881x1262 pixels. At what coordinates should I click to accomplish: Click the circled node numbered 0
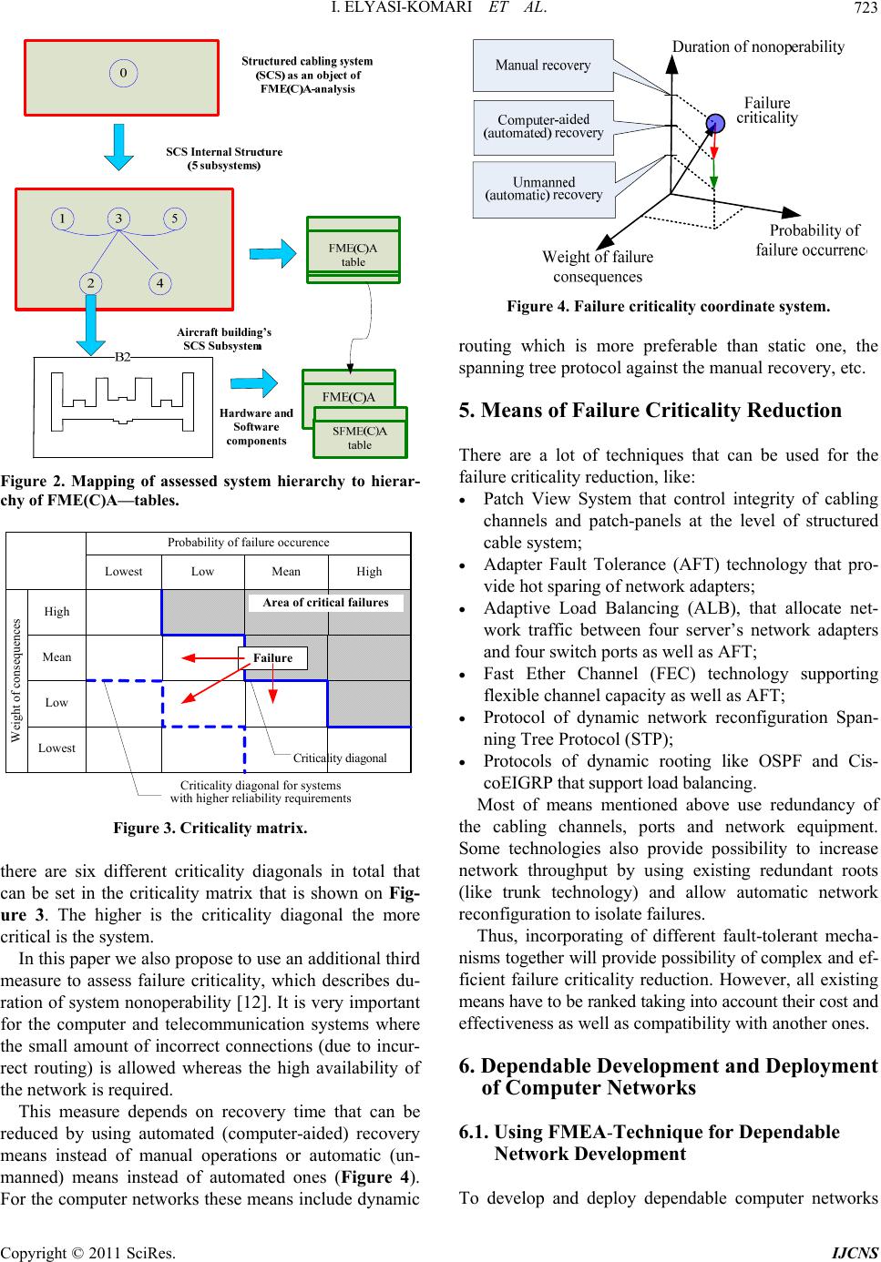123,73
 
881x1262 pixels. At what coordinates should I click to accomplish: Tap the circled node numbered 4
160,283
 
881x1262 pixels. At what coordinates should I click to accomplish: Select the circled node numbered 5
174,219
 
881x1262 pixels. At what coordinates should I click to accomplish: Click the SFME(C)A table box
360,433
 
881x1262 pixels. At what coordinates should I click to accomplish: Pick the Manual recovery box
543,66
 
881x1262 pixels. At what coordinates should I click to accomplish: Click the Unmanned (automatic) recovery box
543,189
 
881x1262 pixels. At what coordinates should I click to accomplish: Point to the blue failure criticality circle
715,122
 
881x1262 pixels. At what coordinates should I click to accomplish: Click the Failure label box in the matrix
272,658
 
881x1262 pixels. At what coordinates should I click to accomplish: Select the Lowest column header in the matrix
123,571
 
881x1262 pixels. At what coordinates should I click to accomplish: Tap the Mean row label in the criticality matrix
56,656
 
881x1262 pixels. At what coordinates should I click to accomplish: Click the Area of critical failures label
326,602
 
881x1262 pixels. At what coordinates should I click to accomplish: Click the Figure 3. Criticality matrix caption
210,828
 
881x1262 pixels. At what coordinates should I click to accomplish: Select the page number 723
866,7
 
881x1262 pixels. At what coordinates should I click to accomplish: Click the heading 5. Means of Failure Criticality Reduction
650,410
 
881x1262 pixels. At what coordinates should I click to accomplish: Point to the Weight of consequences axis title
16,680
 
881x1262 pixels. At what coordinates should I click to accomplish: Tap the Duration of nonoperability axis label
758,46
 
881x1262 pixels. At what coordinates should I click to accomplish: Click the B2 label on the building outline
122,357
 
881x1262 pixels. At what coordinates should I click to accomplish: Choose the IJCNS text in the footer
855,1253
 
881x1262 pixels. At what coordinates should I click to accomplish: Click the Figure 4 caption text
668,307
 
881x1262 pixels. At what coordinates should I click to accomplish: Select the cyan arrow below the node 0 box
119,147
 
